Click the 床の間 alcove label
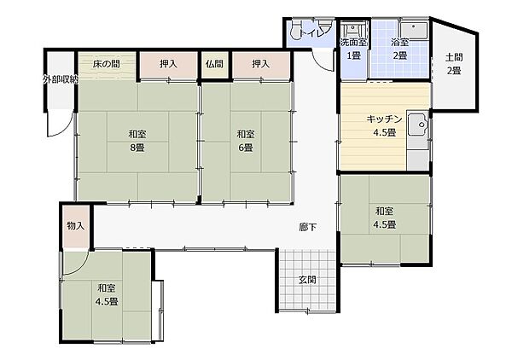[x=106, y=64]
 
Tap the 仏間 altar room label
[x=214, y=64]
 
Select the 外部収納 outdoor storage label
[x=61, y=79]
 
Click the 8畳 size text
[x=137, y=148]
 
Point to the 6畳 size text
[x=246, y=148]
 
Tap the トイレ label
[x=311, y=32]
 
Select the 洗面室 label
[x=353, y=42]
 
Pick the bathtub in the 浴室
[x=414, y=31]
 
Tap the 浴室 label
[x=400, y=42]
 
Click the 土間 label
[x=454, y=57]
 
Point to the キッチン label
[x=384, y=119]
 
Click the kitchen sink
[x=418, y=124]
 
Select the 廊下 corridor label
[x=307, y=227]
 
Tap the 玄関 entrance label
[x=307, y=280]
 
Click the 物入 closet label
[x=76, y=225]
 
